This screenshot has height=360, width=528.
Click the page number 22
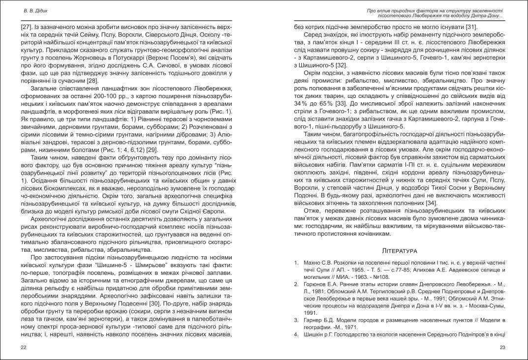click(24, 348)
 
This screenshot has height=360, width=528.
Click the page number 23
click(502, 348)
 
